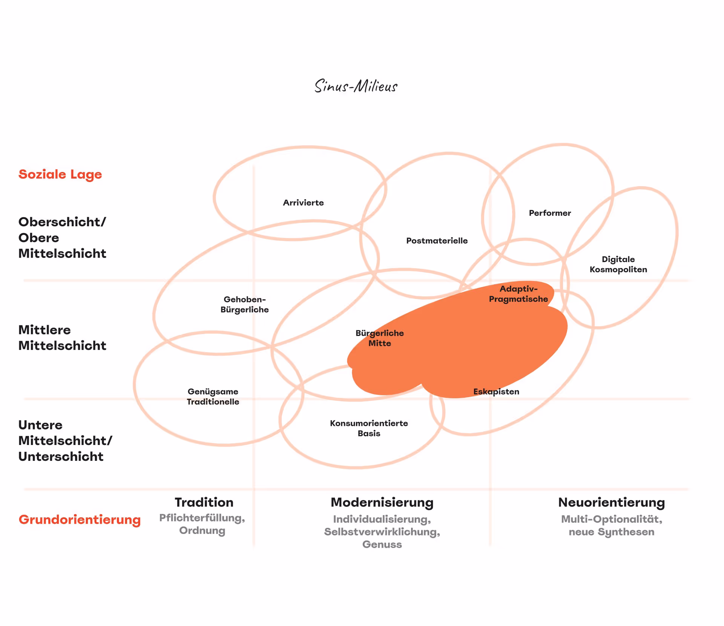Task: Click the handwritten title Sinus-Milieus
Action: (356, 86)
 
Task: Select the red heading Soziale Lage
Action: (60, 174)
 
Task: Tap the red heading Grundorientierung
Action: (80, 519)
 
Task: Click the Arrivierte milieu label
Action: (303, 203)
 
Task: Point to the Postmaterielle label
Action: (437, 241)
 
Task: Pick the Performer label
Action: (550, 213)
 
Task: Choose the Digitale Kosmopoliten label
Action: (618, 264)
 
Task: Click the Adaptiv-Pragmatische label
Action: (518, 294)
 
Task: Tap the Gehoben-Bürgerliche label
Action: (245, 304)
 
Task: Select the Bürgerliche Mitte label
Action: (380, 338)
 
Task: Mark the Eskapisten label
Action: (496, 391)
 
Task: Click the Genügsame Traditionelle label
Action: (213, 396)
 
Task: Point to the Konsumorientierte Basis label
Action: (369, 428)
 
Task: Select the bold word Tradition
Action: (204, 502)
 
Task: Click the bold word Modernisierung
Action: (382, 502)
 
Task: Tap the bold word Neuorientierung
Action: (611, 502)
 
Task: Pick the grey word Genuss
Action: (382, 544)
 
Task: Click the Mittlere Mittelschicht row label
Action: (62, 338)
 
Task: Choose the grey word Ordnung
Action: (202, 530)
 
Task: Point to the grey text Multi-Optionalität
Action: (611, 519)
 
